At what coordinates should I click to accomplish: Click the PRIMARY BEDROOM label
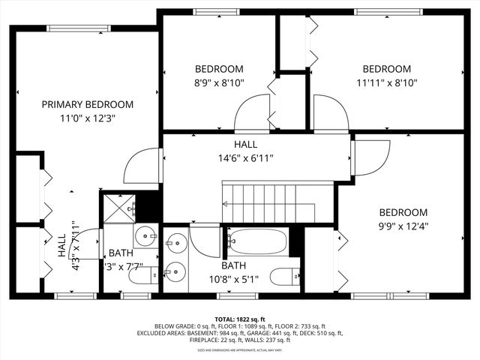(x=87, y=104)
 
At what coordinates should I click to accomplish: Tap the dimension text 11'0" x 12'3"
(x=87, y=118)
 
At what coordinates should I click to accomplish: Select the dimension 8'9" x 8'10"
(x=219, y=82)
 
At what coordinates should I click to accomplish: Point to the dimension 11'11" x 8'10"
(x=386, y=82)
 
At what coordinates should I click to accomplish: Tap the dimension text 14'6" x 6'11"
(x=245, y=158)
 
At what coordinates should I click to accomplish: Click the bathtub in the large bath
(x=256, y=241)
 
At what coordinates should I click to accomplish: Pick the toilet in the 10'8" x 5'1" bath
(x=285, y=276)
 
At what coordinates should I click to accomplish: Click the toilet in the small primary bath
(x=142, y=276)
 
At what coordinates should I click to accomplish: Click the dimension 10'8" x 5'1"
(x=233, y=279)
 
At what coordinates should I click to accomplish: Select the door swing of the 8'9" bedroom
(x=251, y=112)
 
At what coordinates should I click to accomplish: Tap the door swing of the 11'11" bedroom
(x=330, y=112)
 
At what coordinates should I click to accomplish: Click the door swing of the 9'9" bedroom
(x=370, y=156)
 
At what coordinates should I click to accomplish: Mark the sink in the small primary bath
(x=147, y=237)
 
